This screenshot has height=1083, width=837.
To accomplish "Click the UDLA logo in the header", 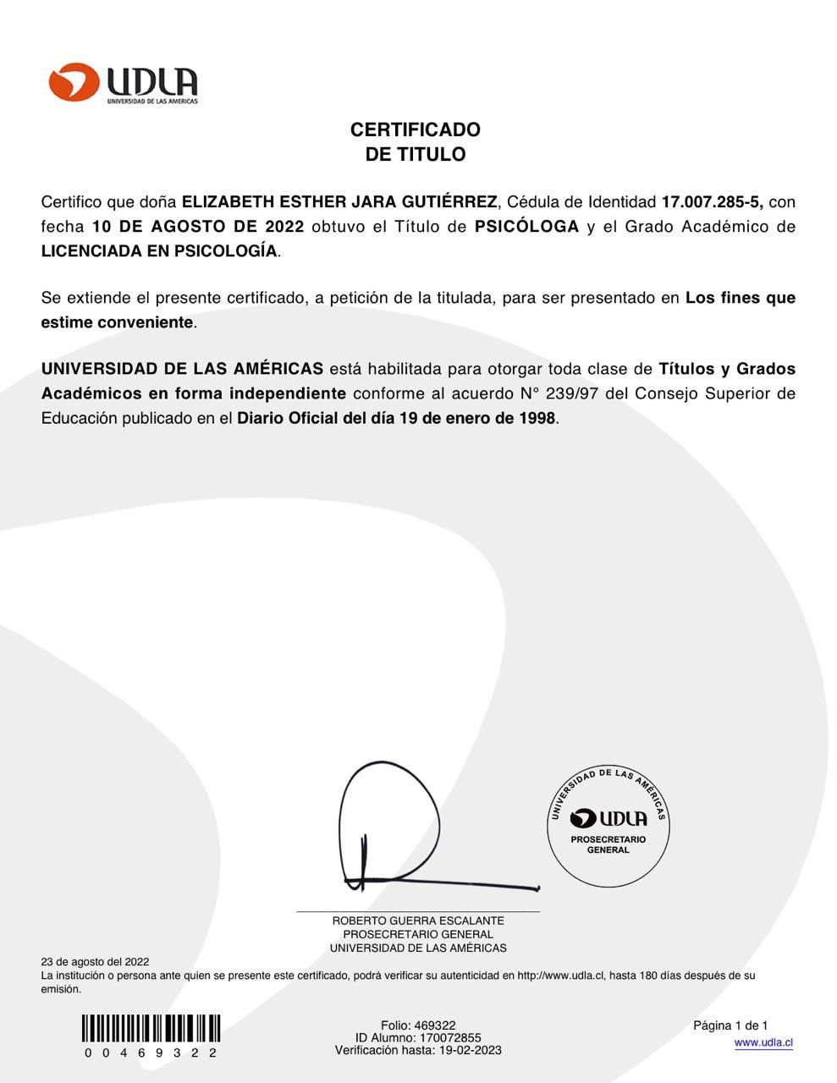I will point(123,83).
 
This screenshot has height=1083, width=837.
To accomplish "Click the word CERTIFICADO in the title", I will point(415,129).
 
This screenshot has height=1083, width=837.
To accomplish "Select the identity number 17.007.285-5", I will point(713,202).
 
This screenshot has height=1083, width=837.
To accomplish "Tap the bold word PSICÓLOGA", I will point(527,227).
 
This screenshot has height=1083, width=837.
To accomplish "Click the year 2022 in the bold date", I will point(284,227).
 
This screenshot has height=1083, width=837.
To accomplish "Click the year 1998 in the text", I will point(537,418).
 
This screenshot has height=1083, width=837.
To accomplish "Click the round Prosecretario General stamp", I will point(608,826).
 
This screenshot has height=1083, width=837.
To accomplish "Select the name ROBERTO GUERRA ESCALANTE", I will point(418,921).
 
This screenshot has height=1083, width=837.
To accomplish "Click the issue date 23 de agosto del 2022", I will point(95,962).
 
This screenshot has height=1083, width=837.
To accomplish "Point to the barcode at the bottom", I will point(151,1028).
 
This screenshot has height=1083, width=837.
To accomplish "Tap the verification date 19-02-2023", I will point(470,1051).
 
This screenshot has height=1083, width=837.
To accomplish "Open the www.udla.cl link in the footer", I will point(763,1043).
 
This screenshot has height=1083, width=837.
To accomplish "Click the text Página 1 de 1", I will point(730,1025).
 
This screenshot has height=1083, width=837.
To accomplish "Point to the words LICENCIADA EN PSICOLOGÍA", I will point(159,251).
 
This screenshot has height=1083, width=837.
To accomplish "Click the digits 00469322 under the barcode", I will point(151,1053).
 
